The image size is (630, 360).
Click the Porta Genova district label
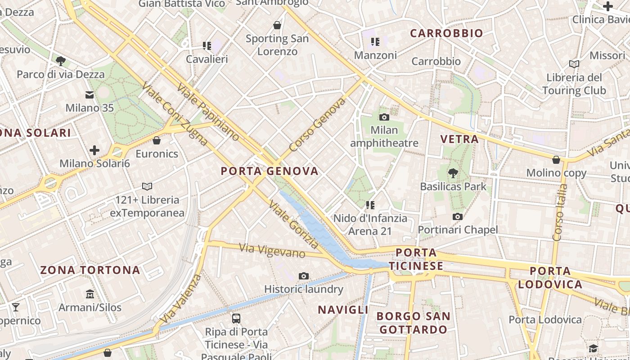(270, 171)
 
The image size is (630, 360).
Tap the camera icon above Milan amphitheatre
(384, 117)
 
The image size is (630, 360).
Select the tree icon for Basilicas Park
(453, 173)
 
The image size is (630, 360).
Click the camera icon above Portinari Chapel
(458, 217)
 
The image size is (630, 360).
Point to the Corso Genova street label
(317, 125)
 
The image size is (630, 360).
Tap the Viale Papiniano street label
(208, 112)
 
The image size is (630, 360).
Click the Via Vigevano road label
(272, 250)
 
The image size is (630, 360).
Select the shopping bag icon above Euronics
(157, 141)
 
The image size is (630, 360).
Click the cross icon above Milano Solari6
(94, 150)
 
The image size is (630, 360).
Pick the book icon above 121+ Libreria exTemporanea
(147, 186)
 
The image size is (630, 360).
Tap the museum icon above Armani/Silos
(90, 295)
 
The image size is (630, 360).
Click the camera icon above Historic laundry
(304, 276)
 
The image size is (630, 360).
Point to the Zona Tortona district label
(90, 270)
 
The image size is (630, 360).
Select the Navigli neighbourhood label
(343, 310)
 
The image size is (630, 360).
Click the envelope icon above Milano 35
(90, 95)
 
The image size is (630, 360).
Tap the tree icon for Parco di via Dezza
(61, 61)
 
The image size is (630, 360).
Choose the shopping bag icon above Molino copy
(556, 160)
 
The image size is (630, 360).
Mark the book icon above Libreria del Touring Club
(574, 64)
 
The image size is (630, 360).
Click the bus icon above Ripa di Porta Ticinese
(236, 319)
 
